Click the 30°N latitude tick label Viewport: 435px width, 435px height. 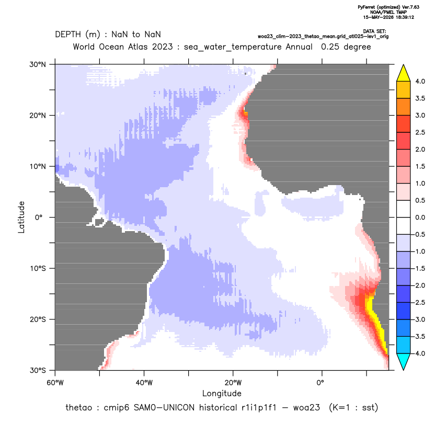click(x=38, y=64)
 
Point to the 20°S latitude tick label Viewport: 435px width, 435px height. click(x=38, y=319)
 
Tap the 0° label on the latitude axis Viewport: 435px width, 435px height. click(x=39, y=217)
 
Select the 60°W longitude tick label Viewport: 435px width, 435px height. click(x=55, y=383)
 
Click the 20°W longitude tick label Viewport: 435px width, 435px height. click(x=233, y=383)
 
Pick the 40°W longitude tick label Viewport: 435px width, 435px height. click(x=144, y=383)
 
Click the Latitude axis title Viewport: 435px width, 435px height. click(x=21, y=217)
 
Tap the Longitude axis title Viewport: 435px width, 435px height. click(x=222, y=393)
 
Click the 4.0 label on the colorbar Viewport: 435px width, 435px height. click(x=420, y=81)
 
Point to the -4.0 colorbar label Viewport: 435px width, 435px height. click(x=419, y=353)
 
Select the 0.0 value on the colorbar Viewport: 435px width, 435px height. click(x=420, y=217)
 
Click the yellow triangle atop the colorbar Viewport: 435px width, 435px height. click(x=404, y=73)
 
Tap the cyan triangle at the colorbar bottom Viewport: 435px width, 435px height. click(x=404, y=362)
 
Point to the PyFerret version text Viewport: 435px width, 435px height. click(x=388, y=7)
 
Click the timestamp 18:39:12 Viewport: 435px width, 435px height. click(x=405, y=17)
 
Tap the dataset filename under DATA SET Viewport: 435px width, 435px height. click(x=323, y=37)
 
